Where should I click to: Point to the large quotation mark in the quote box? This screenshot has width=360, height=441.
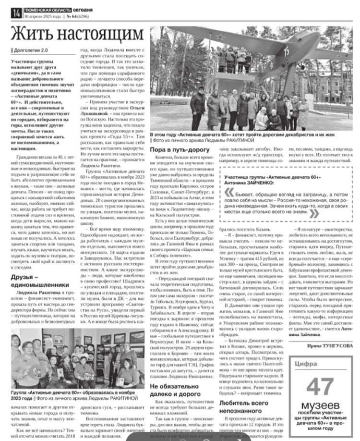[229, 193]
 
